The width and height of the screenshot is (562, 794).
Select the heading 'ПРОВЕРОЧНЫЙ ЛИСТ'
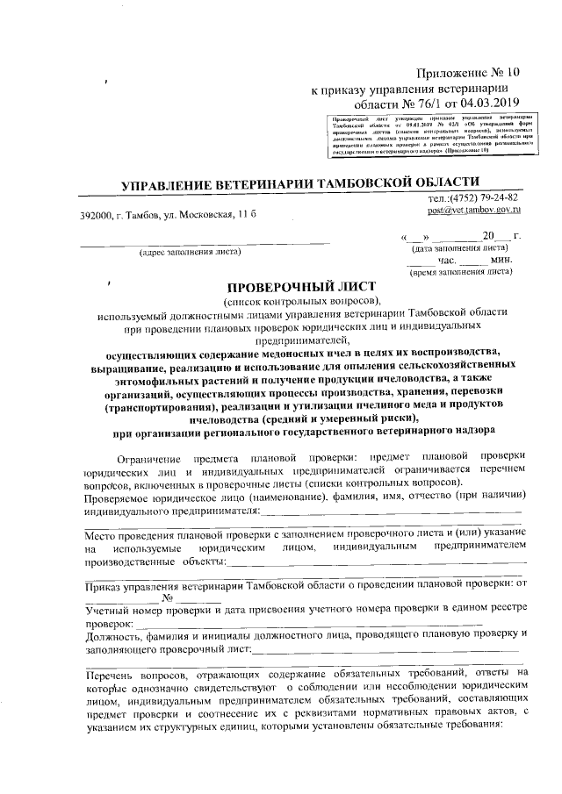301,287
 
